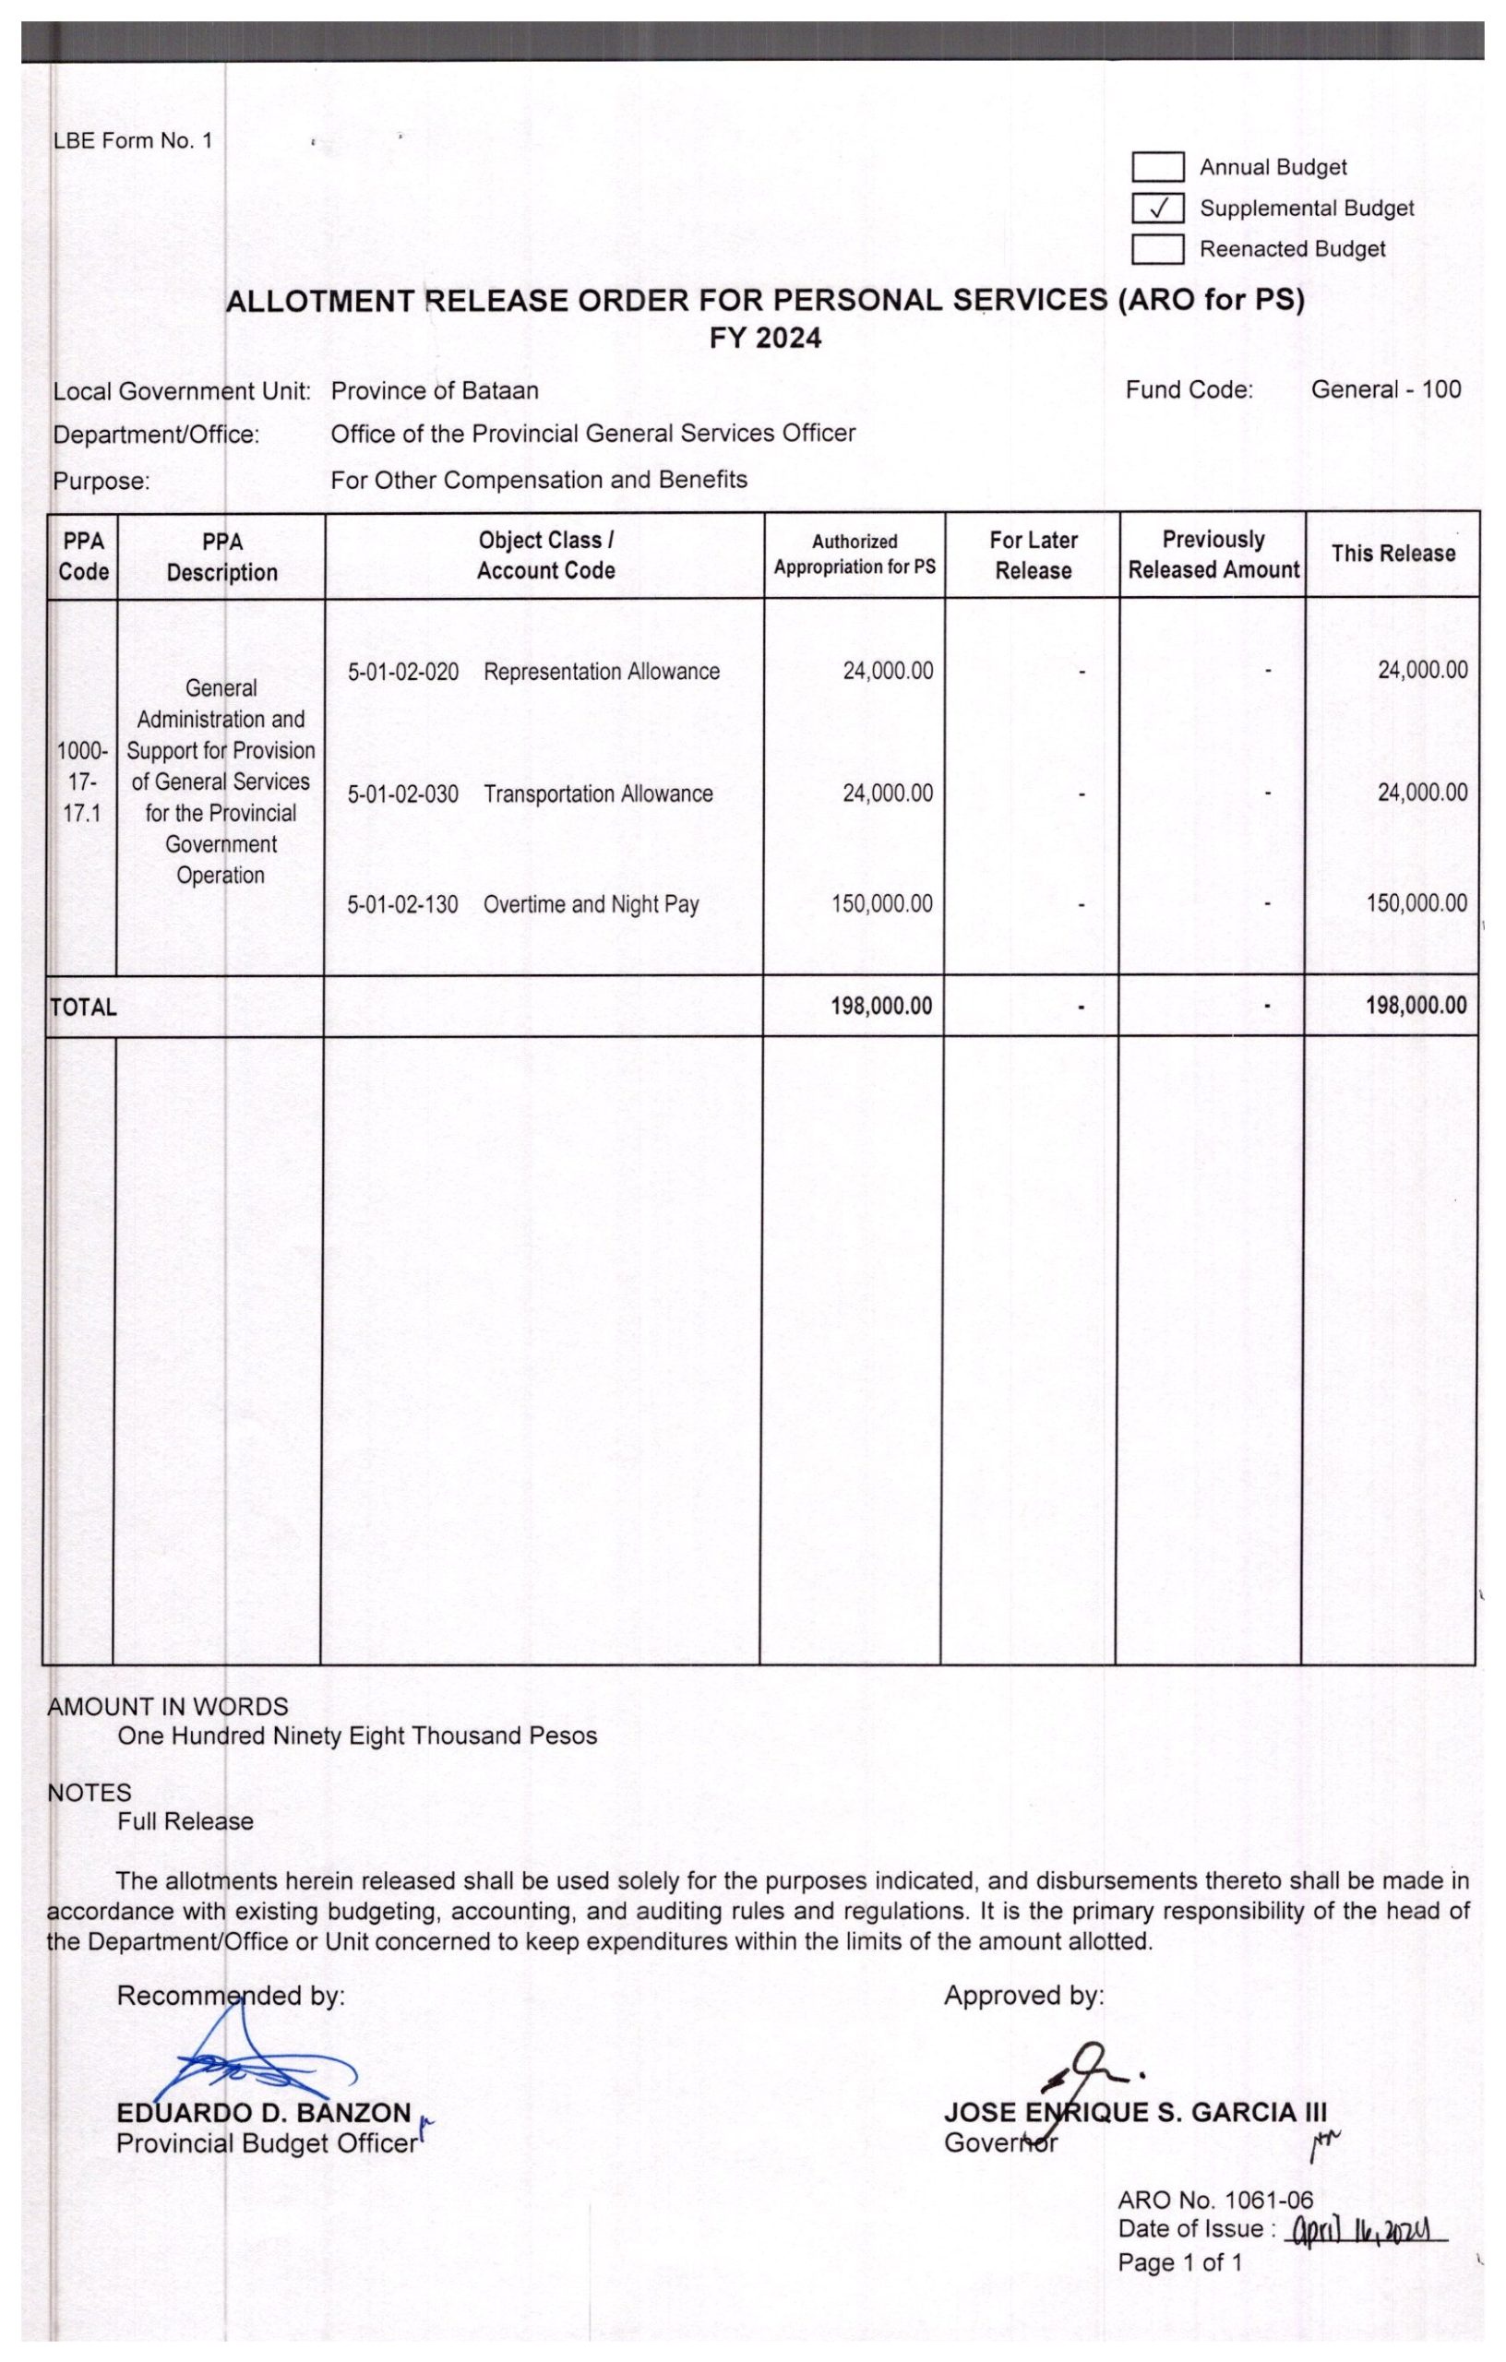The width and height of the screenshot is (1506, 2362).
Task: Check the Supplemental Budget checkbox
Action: (1158, 208)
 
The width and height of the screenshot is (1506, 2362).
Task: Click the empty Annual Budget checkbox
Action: (1158, 167)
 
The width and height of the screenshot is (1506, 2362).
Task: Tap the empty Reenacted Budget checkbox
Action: (1158, 249)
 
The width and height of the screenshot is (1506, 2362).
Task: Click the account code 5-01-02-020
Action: (403, 672)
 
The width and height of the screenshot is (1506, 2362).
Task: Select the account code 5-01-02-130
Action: (402, 904)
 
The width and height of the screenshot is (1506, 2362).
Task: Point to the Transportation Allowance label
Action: (599, 793)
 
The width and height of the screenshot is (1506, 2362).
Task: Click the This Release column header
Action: (1393, 554)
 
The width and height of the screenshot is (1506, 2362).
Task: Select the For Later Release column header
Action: (1034, 555)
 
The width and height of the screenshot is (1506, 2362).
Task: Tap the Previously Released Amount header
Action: (1213, 555)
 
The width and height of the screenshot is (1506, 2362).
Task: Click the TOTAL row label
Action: (83, 1007)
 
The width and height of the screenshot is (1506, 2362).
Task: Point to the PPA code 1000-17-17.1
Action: (82, 781)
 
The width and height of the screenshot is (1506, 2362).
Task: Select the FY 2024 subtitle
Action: (765, 339)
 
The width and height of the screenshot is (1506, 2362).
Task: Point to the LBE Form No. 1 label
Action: (133, 140)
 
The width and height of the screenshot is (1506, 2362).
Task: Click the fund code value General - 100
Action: (1385, 389)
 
